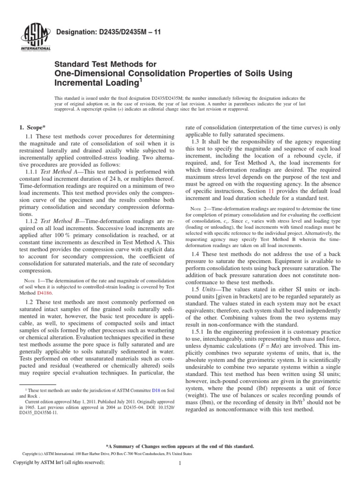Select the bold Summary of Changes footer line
180,446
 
